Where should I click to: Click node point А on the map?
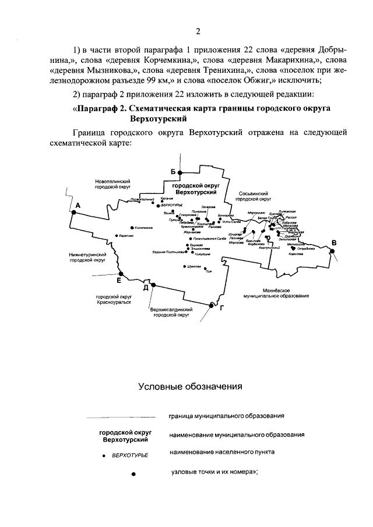pos(73,213)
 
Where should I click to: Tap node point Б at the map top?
pos(180,173)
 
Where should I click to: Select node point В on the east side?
pos(332,251)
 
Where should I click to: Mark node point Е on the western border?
pos(120,274)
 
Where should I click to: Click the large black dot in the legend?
pos(133,475)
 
